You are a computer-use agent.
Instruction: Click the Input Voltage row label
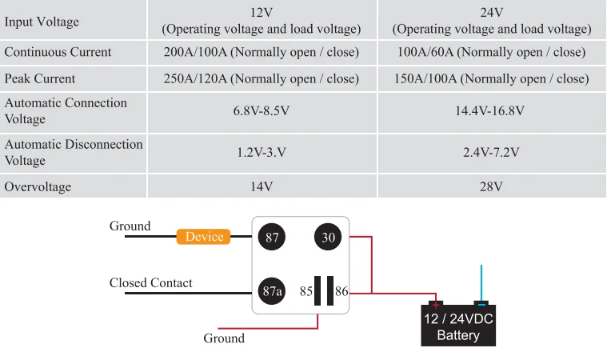coord(42,22)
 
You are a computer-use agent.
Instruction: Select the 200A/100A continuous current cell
coord(262,53)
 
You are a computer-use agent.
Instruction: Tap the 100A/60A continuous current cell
coord(492,53)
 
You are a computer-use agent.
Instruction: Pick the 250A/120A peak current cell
coord(262,79)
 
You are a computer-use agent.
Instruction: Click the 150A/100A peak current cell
coord(492,79)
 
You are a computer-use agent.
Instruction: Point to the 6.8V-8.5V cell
coord(262,111)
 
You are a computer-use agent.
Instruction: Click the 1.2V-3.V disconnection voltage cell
coord(262,153)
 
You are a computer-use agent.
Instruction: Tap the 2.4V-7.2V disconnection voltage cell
coord(490,153)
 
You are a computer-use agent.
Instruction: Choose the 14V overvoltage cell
coord(262,187)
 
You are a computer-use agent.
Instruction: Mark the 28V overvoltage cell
coord(490,187)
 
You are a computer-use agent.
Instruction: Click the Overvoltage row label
coord(38,187)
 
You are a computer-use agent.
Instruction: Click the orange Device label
coord(204,237)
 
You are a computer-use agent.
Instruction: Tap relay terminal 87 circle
coord(272,237)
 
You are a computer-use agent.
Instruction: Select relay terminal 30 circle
coord(329,237)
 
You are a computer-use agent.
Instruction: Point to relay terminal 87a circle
coord(272,291)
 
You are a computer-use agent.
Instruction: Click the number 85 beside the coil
coord(305,291)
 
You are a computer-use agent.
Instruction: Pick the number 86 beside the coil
coord(341,291)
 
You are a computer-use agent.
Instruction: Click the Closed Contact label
coord(150,283)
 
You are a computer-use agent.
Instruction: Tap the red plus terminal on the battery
coord(436,304)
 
